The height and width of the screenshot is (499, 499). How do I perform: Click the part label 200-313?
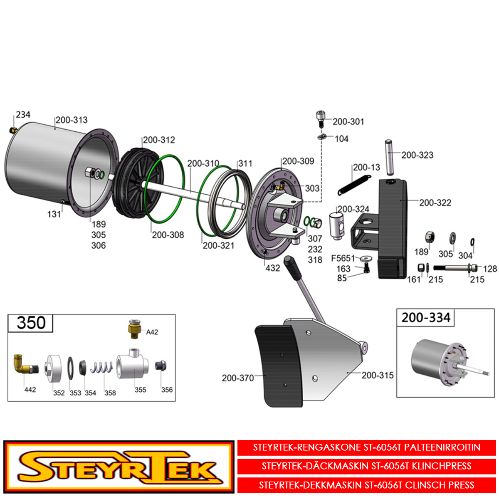coord(72,120)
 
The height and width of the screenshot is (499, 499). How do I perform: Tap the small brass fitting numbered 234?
coord(13,130)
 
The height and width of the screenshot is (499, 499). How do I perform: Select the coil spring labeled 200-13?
coord(354,185)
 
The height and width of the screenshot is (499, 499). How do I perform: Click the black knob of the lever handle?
coord(293,267)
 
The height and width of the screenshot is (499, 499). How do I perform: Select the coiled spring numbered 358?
coord(101,367)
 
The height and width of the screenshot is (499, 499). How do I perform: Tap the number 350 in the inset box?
coord(31,323)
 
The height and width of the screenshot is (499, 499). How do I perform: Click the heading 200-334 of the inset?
coord(426,317)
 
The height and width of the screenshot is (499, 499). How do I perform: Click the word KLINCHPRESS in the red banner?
coord(442,466)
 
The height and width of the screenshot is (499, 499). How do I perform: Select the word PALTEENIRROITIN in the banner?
coord(442,447)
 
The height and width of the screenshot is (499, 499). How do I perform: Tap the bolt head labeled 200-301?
coord(321,119)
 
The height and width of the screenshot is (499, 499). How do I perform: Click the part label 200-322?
coord(435,203)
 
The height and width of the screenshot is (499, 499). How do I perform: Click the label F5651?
coord(343,258)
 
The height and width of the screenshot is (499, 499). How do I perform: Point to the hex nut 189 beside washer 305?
coord(430,237)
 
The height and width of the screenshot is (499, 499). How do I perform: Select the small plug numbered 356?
coord(161,366)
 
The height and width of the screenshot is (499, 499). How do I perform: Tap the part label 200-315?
coord(377,375)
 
